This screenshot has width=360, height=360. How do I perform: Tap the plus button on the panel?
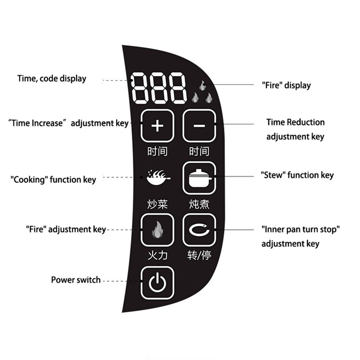(x=157, y=126)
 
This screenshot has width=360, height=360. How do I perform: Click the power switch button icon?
(x=157, y=283)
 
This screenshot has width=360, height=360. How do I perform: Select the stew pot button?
(x=199, y=178)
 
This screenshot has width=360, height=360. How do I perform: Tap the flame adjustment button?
(x=157, y=230)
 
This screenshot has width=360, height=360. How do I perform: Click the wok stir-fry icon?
(x=158, y=177)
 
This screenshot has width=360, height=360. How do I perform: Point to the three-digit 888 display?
(x=159, y=89)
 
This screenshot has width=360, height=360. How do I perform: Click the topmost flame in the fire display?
(x=202, y=85)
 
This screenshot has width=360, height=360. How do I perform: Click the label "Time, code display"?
(x=52, y=79)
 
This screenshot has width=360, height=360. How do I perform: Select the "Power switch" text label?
(x=76, y=280)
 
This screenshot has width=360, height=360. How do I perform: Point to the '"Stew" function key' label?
(x=297, y=175)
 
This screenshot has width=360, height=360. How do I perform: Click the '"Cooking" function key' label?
(x=53, y=180)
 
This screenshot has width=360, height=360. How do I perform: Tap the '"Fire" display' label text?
(x=286, y=85)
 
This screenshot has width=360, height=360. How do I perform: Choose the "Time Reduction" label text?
(x=295, y=122)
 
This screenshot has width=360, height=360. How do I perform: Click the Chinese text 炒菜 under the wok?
(x=157, y=204)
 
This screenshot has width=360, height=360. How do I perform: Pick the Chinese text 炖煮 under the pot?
(x=199, y=204)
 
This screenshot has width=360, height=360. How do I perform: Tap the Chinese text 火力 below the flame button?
(x=157, y=256)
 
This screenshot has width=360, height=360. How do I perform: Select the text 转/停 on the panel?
(x=199, y=256)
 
